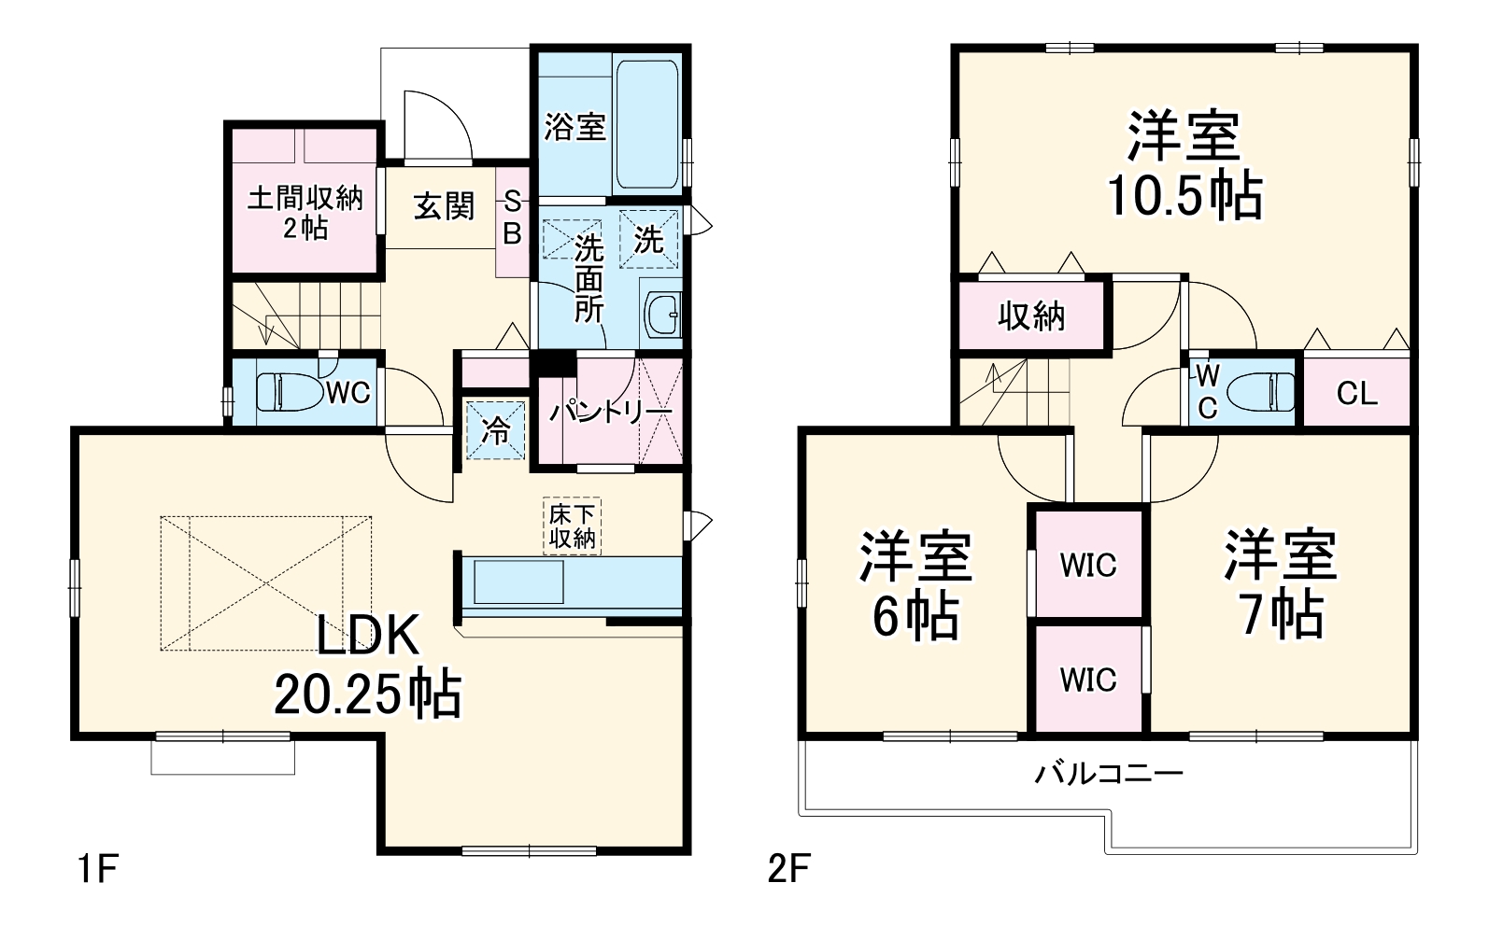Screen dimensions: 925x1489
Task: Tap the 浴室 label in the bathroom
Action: (x=574, y=126)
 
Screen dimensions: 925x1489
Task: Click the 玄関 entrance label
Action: (x=444, y=206)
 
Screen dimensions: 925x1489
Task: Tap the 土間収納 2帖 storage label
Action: (x=305, y=212)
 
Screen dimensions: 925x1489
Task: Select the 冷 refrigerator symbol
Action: (x=496, y=429)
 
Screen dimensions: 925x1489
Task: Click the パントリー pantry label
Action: (x=610, y=411)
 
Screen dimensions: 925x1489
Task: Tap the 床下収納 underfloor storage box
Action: (x=572, y=526)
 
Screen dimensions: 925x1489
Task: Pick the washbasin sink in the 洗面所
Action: (x=664, y=315)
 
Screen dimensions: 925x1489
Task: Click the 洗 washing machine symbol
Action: (x=648, y=240)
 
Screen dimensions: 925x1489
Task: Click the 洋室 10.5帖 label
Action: (x=1184, y=166)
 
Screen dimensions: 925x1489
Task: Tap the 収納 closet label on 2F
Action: (x=1031, y=316)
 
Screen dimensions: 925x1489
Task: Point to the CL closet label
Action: (x=1356, y=393)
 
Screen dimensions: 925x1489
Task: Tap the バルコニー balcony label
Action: (x=1109, y=773)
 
